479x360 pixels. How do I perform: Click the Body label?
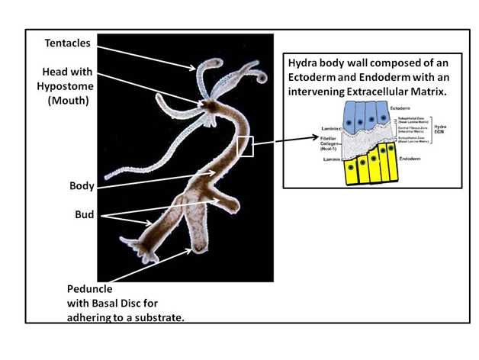point(81,186)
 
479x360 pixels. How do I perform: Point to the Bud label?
point(84,214)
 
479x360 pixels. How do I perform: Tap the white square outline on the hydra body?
point(245,146)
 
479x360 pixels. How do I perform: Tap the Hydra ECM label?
point(440,130)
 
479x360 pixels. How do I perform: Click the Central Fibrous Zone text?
point(412,127)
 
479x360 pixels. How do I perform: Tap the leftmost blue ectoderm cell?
point(351,114)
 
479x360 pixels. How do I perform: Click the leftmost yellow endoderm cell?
point(350,169)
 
